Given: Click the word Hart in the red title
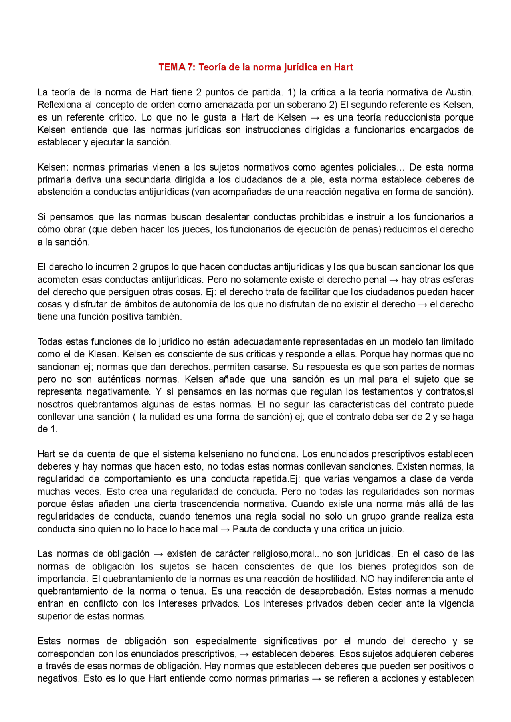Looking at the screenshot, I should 343,67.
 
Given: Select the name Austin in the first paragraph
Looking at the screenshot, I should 459,92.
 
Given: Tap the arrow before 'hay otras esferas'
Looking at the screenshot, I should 394,280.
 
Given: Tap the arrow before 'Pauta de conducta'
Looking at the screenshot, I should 225,529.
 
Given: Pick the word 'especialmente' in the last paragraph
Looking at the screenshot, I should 226,641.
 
